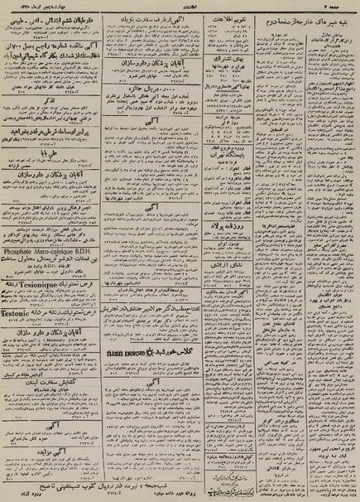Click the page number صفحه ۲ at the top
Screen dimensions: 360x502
(x=343, y=6)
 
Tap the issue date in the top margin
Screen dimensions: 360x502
(x=33, y=6)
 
